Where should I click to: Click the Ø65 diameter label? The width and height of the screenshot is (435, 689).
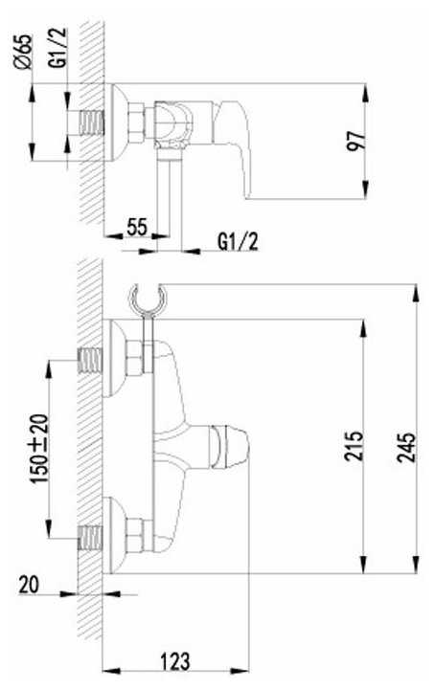(23, 52)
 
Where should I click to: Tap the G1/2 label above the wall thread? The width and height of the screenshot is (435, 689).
(58, 48)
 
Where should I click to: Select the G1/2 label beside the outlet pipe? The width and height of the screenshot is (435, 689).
(238, 241)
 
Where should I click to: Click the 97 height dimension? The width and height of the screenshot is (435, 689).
(356, 141)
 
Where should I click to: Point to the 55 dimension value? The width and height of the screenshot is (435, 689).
(137, 227)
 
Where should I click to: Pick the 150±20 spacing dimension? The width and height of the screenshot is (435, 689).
(39, 448)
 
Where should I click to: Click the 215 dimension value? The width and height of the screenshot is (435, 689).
(354, 446)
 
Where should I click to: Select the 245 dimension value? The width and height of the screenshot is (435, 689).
(406, 447)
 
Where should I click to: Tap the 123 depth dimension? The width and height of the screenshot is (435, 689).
(175, 661)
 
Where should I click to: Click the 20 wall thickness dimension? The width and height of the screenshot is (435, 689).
(29, 586)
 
